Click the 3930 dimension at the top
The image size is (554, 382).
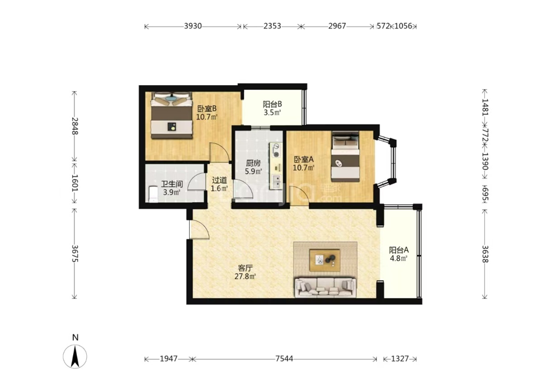pyautogui.click(x=193, y=26)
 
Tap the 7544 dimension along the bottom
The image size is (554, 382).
pyautogui.click(x=284, y=359)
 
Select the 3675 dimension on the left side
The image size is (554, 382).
pyautogui.click(x=74, y=254)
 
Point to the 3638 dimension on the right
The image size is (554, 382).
pyautogui.click(x=485, y=254)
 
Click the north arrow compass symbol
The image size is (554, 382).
pyautogui.click(x=75, y=356)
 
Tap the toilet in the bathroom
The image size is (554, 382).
pyautogui.click(x=153, y=194)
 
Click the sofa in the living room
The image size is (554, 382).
pyautogui.click(x=325, y=287)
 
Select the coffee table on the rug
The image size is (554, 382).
pyautogui.click(x=325, y=260)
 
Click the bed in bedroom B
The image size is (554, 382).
pyautogui.click(x=171, y=115)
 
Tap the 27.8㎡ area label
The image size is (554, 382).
pyautogui.click(x=245, y=276)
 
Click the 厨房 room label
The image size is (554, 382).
pyautogui.click(x=253, y=163)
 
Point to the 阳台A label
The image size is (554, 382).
pyautogui.click(x=399, y=250)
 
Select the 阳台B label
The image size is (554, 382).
pyautogui.click(x=272, y=104)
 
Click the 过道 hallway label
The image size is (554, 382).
pyautogui.click(x=219, y=180)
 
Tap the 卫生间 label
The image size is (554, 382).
pyautogui.click(x=171, y=184)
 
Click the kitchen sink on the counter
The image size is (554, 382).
pyautogui.click(x=276, y=182)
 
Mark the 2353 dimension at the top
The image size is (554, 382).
pyautogui.click(x=272, y=26)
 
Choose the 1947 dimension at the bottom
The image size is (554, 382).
pyautogui.click(x=169, y=359)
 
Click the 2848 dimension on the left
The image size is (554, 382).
pyautogui.click(x=74, y=126)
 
